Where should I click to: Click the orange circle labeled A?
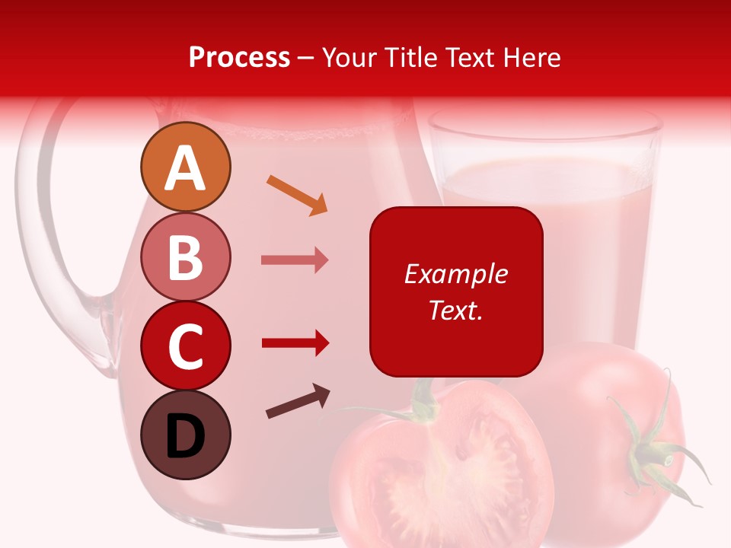point(185,167)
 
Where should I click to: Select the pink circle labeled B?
point(185,256)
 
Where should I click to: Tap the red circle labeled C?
point(185,346)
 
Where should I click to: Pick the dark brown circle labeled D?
point(185,435)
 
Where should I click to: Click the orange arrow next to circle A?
point(297,195)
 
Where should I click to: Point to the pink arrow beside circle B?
point(295,260)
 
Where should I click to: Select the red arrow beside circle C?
point(295,342)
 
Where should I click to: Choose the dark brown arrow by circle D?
point(298,402)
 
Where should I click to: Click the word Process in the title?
point(239,58)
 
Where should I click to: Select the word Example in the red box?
point(455,274)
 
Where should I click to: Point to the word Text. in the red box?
point(455,310)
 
